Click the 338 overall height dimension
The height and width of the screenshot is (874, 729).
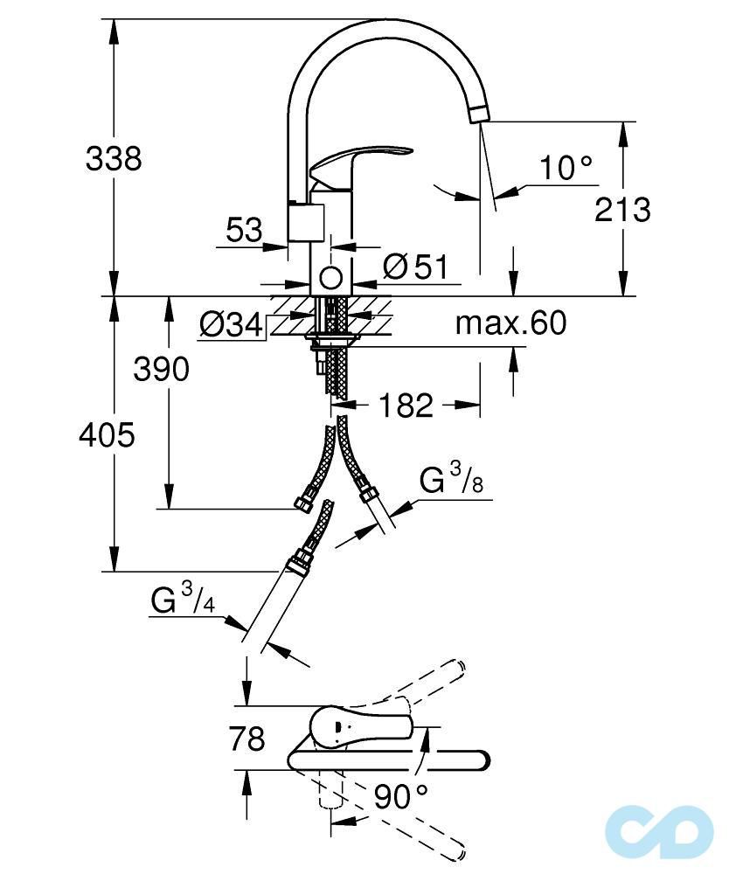coord(114,159)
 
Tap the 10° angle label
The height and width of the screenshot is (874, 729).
coord(564,167)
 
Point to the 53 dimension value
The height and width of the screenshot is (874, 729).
coord(244,231)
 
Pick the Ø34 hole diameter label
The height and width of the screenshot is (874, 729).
coord(231,325)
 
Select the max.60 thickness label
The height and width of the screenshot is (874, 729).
coord(510,324)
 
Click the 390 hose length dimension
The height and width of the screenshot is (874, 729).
coord(161,370)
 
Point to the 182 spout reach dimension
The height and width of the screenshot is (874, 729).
coord(406,405)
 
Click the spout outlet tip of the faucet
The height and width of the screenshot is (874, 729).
coord(482,114)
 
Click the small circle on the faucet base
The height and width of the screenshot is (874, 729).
coord(330,278)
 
